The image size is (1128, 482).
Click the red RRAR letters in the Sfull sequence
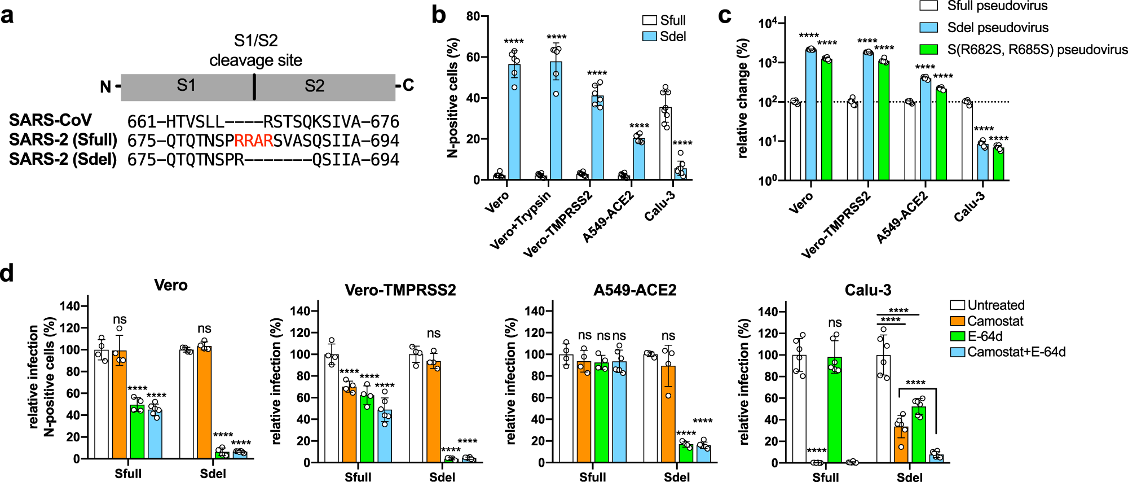[254, 141]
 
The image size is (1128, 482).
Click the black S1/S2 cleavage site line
[254, 86]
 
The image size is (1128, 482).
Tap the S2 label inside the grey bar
[314, 86]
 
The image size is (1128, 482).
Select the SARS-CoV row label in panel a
[50, 120]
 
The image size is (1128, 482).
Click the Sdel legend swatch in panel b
[650, 37]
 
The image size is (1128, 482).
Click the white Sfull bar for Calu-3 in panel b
[666, 144]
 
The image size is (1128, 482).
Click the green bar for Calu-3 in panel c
[998, 164]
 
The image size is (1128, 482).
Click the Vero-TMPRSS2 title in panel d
[400, 290]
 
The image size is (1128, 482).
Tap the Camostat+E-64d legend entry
[1016, 352]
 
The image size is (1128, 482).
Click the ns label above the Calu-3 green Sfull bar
[835, 323]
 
